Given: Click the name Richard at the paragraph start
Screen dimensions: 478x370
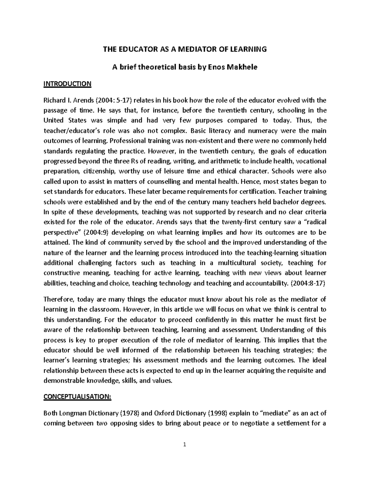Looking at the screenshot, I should click(54, 100).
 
